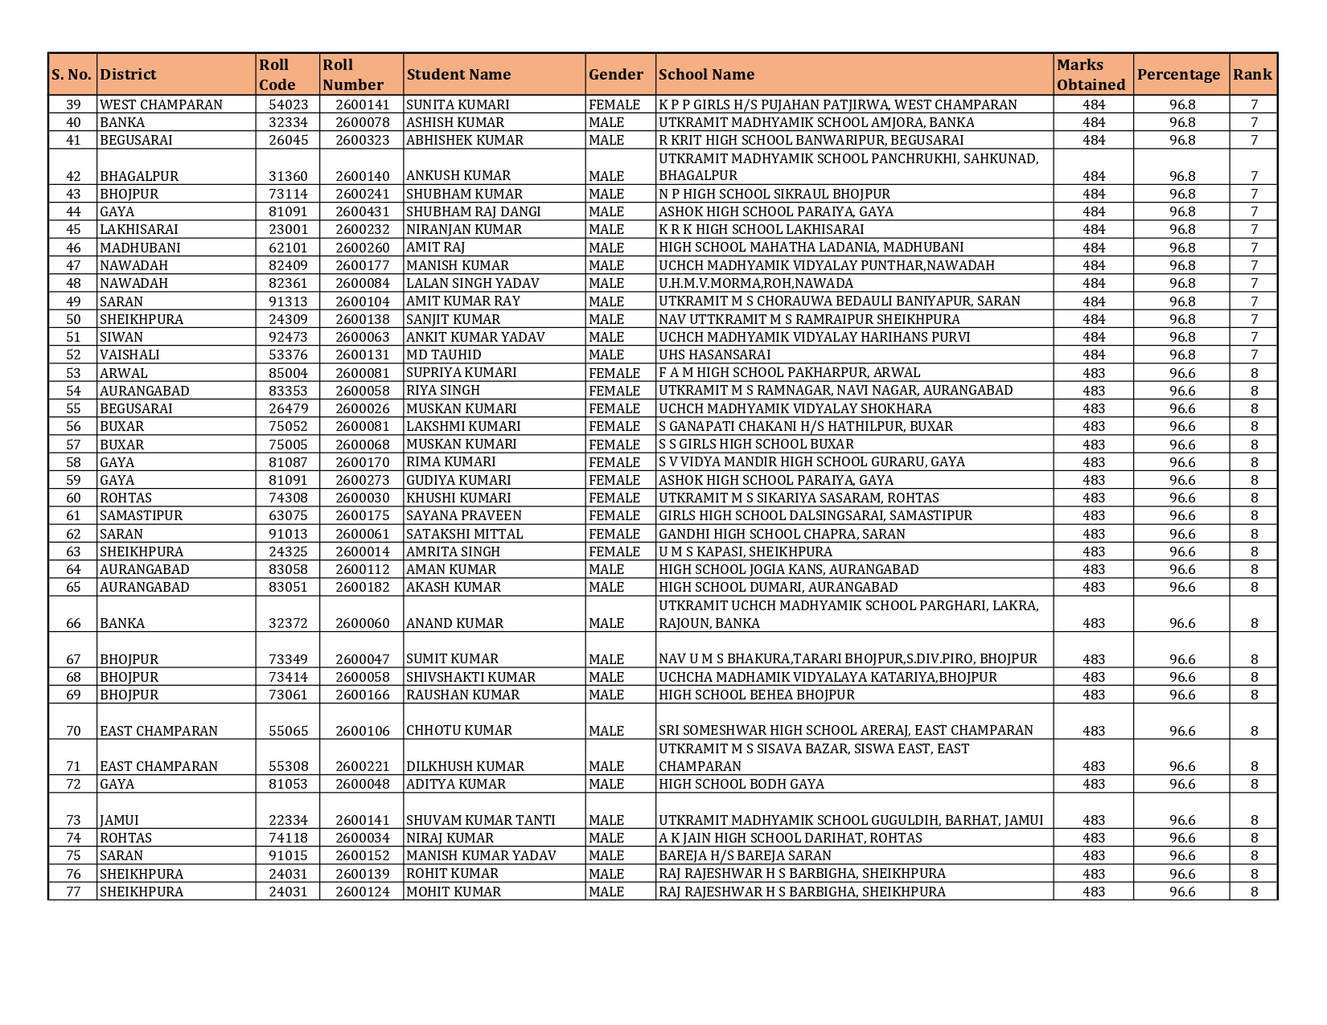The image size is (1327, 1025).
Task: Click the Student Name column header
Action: click(458, 75)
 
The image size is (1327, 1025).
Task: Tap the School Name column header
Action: click(706, 75)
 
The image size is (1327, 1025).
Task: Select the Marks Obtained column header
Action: click(1091, 75)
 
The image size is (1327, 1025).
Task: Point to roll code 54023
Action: click(288, 105)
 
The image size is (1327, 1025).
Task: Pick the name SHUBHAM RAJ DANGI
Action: click(473, 211)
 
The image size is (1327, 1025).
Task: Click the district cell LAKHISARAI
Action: click(138, 230)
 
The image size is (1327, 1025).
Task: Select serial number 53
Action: click(73, 373)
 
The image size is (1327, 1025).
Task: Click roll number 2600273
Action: click(362, 480)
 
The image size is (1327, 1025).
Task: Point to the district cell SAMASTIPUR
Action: click(141, 516)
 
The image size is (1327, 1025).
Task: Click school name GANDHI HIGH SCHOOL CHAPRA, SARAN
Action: click(782, 534)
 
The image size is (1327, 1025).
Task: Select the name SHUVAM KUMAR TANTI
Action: click(480, 820)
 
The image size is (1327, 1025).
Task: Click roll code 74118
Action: click(288, 838)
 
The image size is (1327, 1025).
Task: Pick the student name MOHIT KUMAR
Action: click(454, 892)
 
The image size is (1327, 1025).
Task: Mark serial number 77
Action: click(73, 892)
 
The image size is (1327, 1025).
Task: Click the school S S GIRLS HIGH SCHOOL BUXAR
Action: click(756, 445)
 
